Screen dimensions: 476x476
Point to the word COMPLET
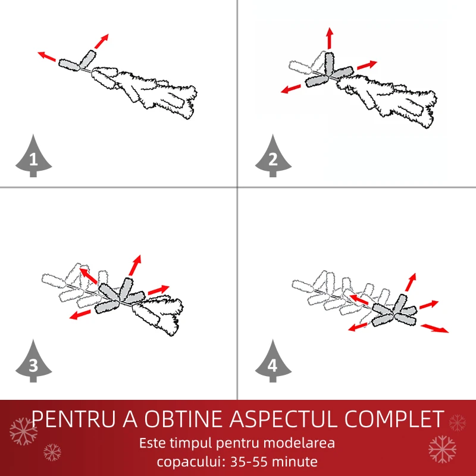pyautogui.click(x=394, y=419)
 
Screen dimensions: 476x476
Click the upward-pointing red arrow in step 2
pyautogui.click(x=330, y=38)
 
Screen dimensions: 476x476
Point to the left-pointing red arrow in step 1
pyautogui.click(x=47, y=57)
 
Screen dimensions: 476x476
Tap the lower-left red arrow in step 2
pyautogui.click(x=290, y=89)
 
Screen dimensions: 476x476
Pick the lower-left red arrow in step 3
pyautogui.click(x=80, y=315)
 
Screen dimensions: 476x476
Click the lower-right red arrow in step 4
pyautogui.click(x=434, y=328)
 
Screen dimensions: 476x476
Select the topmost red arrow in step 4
pyautogui.click(x=411, y=282)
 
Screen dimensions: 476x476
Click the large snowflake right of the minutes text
pyautogui.click(x=442, y=449)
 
